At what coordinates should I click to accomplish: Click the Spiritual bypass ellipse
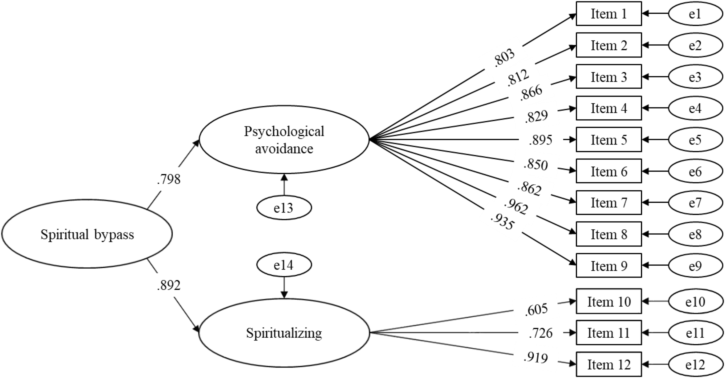click(x=87, y=234)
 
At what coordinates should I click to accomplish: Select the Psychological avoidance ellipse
click(x=284, y=140)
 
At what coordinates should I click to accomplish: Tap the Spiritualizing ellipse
click(x=284, y=333)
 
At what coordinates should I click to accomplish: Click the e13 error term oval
click(x=284, y=208)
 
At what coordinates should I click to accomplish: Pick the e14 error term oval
click(x=284, y=265)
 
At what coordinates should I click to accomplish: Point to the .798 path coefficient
click(x=168, y=179)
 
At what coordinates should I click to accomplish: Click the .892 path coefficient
click(x=168, y=285)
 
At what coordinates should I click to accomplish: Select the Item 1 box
click(x=608, y=14)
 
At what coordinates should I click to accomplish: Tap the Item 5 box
click(x=608, y=140)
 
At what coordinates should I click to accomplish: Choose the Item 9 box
click(x=608, y=266)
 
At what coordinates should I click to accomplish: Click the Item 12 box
click(x=608, y=365)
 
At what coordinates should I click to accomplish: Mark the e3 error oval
click(x=695, y=77)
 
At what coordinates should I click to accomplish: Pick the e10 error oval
click(x=695, y=302)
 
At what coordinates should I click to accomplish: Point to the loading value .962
click(x=516, y=207)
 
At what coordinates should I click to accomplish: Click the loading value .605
click(x=536, y=309)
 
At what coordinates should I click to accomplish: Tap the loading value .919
click(x=536, y=358)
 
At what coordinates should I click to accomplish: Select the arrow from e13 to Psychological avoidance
click(x=284, y=185)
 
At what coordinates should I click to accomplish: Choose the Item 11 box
click(x=608, y=333)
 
